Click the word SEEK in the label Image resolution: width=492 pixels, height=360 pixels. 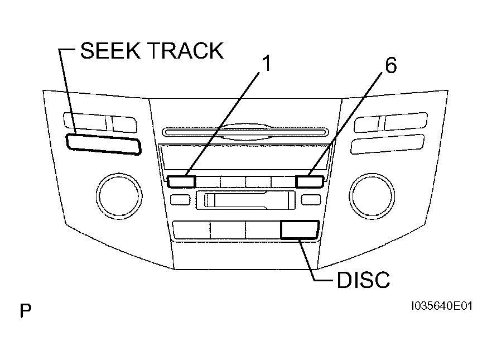pyautogui.click(x=110, y=51)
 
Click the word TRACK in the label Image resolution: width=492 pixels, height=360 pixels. pyautogui.click(x=185, y=51)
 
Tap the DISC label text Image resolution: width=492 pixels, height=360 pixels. pyautogui.click(x=363, y=280)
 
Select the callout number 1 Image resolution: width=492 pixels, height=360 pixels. pyautogui.click(x=267, y=64)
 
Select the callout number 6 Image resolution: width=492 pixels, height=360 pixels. pyautogui.click(x=390, y=65)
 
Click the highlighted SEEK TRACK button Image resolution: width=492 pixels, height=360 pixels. pyautogui.click(x=104, y=145)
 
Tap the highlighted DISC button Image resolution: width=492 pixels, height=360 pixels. pyautogui.click(x=300, y=230)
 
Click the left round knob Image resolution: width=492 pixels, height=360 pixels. pyautogui.click(x=119, y=196)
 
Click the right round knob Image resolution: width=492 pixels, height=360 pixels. pyautogui.click(x=372, y=196)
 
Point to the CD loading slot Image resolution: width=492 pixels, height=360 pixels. pyautogui.click(x=245, y=132)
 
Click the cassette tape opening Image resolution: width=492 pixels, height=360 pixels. pyautogui.click(x=245, y=200)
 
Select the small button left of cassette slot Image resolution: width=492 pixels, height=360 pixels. pyautogui.click(x=180, y=200)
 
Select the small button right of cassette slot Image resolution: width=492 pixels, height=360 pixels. pyautogui.click(x=311, y=200)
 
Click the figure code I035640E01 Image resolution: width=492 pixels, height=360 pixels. pyautogui.click(x=442, y=306)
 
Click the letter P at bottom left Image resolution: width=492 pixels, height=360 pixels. pyautogui.click(x=26, y=311)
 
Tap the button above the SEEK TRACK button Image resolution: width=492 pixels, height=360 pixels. pyautogui.click(x=100, y=122)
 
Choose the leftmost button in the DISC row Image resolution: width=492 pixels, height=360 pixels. pyautogui.click(x=191, y=230)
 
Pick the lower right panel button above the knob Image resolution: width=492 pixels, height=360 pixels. pyautogui.click(x=388, y=144)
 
